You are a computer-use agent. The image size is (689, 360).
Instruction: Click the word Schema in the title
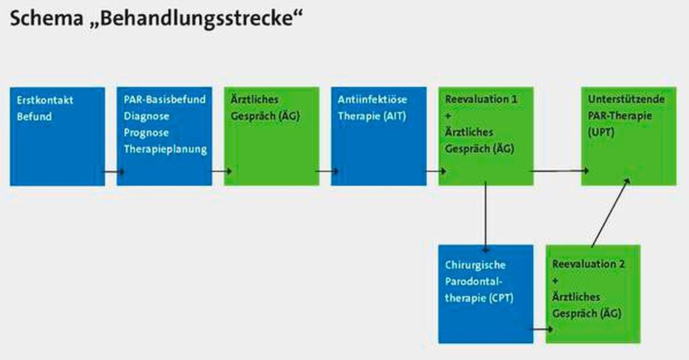46,18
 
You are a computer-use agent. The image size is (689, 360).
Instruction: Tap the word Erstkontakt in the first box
45,100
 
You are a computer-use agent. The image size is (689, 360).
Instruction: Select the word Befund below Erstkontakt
34,116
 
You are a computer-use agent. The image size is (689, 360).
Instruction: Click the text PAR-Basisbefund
165,100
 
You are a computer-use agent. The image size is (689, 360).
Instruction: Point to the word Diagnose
146,116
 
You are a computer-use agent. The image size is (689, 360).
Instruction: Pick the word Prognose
146,133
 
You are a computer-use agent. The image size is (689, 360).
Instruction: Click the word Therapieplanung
166,149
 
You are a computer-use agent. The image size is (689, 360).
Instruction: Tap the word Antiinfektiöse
372,100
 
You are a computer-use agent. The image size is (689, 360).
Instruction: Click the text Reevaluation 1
481,100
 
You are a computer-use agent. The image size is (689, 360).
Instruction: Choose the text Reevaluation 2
588,264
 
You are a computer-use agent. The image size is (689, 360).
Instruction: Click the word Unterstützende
626,100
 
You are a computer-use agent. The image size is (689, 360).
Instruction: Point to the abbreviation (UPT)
601,133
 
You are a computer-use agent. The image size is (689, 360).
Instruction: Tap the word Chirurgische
475,265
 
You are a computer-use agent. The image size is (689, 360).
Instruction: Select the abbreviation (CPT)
501,298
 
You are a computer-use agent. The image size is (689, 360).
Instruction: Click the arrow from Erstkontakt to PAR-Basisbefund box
114,172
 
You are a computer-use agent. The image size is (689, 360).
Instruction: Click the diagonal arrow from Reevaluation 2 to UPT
611,213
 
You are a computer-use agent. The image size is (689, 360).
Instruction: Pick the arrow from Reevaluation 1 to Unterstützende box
560,170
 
